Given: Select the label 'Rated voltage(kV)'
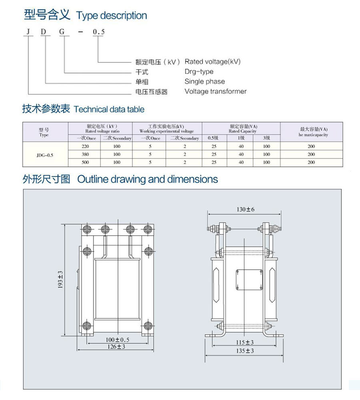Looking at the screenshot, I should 212,62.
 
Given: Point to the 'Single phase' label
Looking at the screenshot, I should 204,82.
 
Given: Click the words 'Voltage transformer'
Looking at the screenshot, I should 215,91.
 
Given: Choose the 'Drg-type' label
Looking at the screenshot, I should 199,72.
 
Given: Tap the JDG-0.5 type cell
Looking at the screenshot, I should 44,154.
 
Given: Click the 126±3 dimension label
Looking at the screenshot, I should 116,347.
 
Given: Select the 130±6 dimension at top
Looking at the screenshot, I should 245,210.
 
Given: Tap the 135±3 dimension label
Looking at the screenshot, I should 245,351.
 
